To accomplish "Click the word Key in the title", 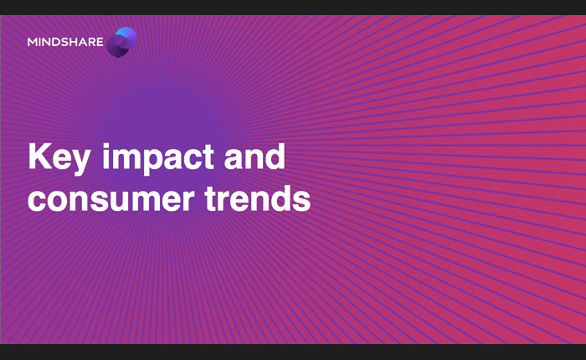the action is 59,158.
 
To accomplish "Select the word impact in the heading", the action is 158,158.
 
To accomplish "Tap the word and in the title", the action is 254,157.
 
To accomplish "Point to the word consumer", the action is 111,199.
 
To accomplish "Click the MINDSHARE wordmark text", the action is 65,42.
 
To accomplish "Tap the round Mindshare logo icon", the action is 121,42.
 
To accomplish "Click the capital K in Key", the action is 39,157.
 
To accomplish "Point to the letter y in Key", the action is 80,163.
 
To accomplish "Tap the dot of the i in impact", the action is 106,146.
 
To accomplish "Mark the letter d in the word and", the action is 275,157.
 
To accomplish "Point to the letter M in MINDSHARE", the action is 33,42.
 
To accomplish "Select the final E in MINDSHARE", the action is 100,42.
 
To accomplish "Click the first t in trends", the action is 211,199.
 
